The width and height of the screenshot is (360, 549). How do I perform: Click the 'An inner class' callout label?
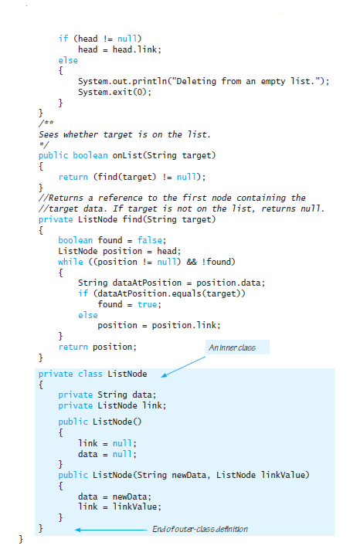pyautogui.click(x=232, y=347)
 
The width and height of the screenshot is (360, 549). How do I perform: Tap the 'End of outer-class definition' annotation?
pyautogui.click(x=200, y=529)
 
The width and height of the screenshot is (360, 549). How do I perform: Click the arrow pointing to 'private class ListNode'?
pyautogui.click(x=183, y=367)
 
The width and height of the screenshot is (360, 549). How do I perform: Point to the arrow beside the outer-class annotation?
pyautogui.click(x=111, y=530)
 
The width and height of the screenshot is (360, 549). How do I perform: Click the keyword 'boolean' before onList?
pyautogui.click(x=90, y=155)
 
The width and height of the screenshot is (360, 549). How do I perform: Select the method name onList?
pyautogui.click(x=127, y=155)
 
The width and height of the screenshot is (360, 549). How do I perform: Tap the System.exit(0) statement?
pyautogui.click(x=114, y=92)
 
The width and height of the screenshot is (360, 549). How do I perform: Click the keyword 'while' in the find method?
pyautogui.click(x=71, y=262)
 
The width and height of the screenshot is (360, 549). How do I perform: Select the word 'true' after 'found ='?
pyautogui.click(x=147, y=304)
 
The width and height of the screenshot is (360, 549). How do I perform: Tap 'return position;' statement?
pyautogui.click(x=97, y=347)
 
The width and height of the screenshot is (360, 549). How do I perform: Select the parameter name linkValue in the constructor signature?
pyautogui.click(x=284, y=475)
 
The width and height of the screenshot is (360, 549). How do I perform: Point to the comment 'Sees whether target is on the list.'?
pyautogui.click(x=124, y=134)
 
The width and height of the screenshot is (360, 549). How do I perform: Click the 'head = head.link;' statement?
pyautogui.click(x=120, y=49)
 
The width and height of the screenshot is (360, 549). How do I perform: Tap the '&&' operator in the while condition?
pyautogui.click(x=192, y=262)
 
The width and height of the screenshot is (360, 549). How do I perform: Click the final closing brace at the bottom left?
pyautogui.click(x=21, y=539)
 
